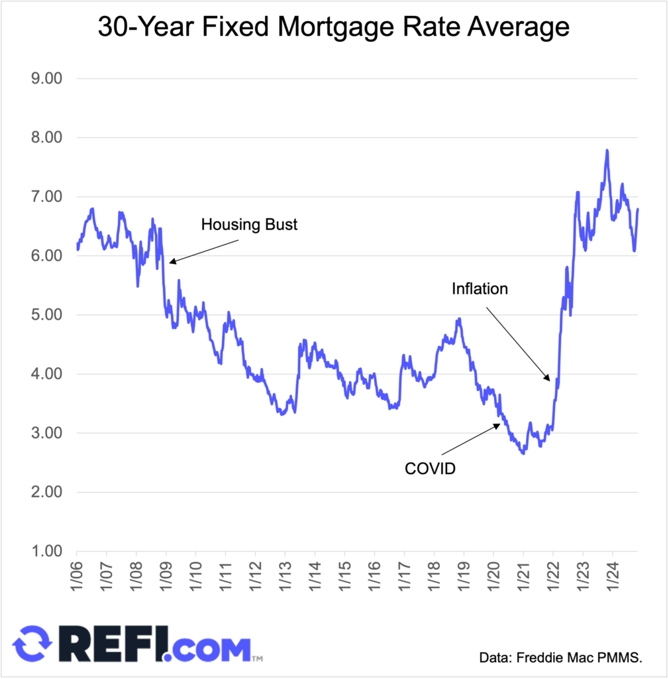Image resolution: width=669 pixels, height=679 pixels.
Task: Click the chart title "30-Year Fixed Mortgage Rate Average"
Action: point(334,27)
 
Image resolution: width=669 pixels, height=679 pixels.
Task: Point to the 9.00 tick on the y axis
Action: point(46,79)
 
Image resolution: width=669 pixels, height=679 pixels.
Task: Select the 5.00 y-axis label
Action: point(46,315)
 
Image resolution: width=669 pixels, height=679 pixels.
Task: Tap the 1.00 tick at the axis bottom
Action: point(46,551)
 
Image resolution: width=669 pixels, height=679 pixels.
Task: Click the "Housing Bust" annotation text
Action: point(249,225)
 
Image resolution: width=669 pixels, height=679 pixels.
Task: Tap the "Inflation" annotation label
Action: point(480,289)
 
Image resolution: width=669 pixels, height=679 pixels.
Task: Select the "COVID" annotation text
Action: point(431,469)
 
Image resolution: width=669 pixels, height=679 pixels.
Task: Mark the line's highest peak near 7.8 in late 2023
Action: point(607,151)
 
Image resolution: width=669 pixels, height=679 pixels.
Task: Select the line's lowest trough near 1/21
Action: point(523,453)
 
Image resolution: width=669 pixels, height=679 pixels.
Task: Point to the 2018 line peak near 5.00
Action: point(458,319)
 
